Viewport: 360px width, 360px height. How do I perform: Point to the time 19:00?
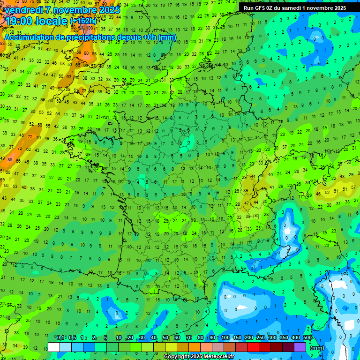point(22,21)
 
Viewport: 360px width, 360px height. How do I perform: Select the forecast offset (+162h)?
point(83,21)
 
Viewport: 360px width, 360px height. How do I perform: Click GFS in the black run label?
point(261,8)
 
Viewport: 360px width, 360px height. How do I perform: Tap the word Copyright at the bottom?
point(176,357)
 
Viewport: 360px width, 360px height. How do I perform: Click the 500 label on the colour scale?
point(307,337)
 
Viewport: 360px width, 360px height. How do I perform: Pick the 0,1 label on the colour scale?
point(60,337)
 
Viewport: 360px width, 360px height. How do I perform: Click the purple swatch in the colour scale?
point(300,347)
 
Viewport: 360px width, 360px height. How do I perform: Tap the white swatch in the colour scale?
point(54,347)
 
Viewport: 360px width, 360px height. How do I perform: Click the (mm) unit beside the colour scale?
point(317,348)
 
